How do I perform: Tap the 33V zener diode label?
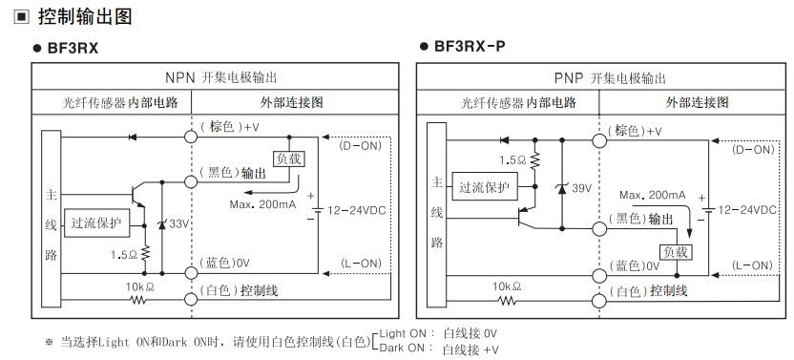tap(178, 222)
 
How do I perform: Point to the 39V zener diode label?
tap(580, 189)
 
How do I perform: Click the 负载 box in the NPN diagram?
tap(292, 159)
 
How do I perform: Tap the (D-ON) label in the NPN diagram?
tap(360, 145)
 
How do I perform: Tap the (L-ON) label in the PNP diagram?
tap(753, 264)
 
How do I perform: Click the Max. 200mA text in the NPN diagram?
tap(263, 203)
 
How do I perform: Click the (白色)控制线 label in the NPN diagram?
tap(239, 289)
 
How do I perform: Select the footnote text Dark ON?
tap(401, 348)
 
